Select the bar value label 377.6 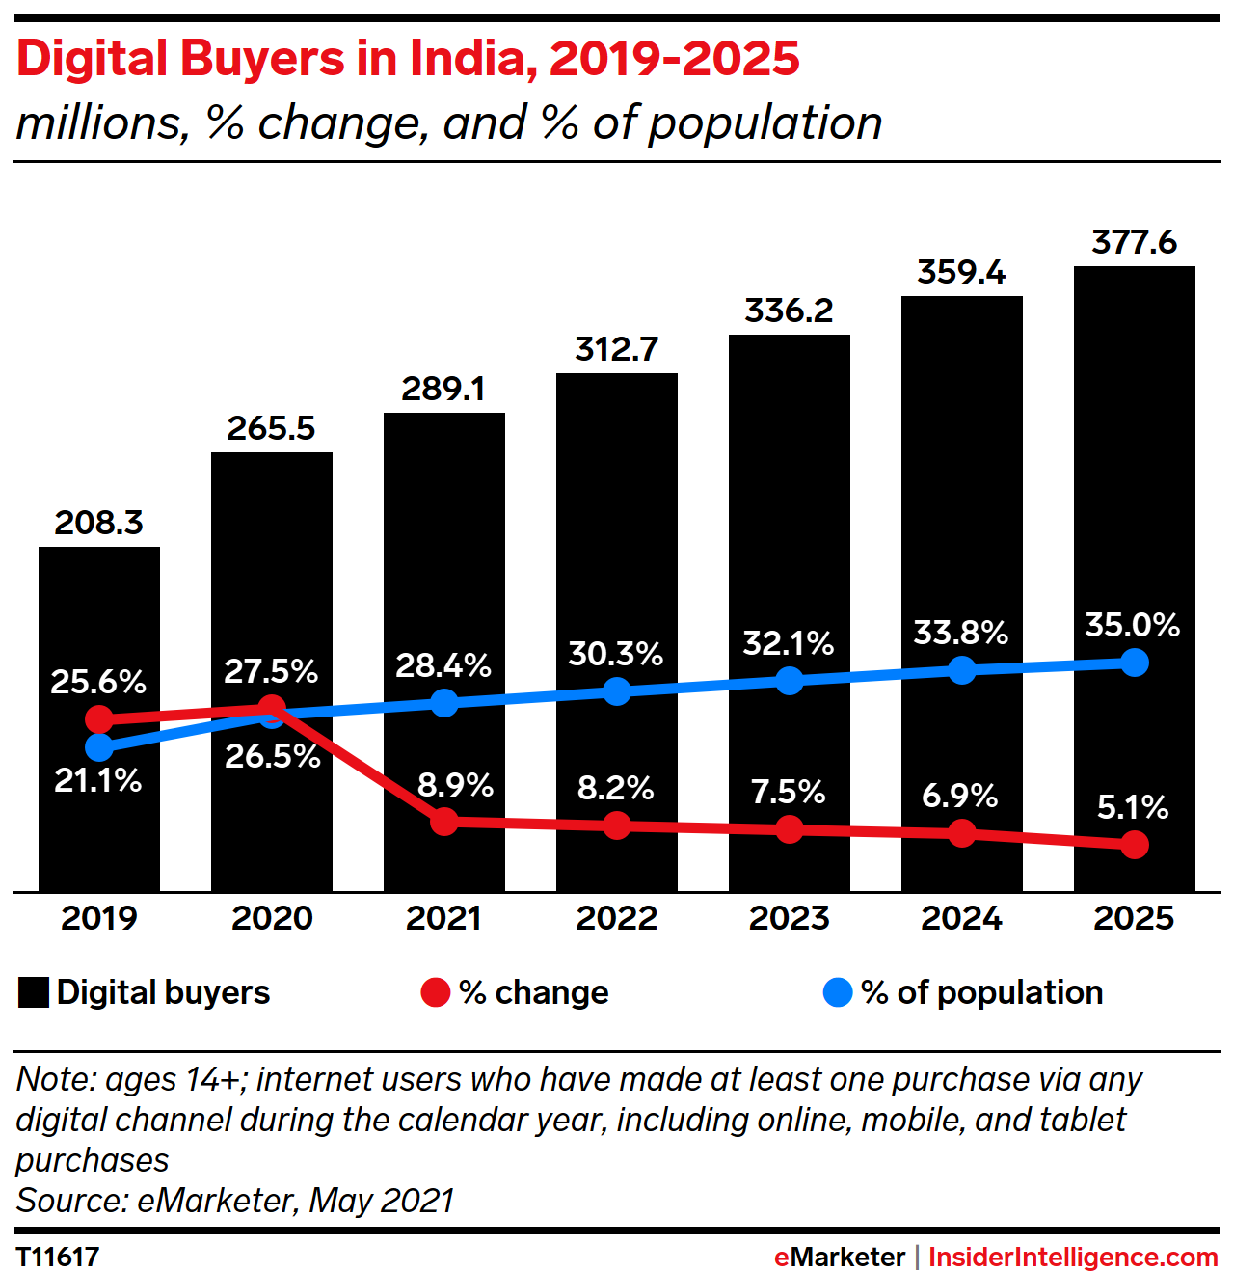(1134, 242)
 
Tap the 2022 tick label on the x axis (616, 918)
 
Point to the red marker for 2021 (443, 822)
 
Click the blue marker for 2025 (1135, 663)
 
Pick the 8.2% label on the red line (615, 789)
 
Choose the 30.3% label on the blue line (615, 654)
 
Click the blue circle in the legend (838, 992)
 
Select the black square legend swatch (34, 992)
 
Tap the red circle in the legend (436, 992)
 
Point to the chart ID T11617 (58, 1257)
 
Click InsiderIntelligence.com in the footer (1073, 1258)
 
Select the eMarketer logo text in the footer (839, 1258)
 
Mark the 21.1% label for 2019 (97, 780)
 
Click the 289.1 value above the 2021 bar (443, 390)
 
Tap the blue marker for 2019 (98, 747)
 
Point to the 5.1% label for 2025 (1133, 807)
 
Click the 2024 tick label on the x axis (961, 918)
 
